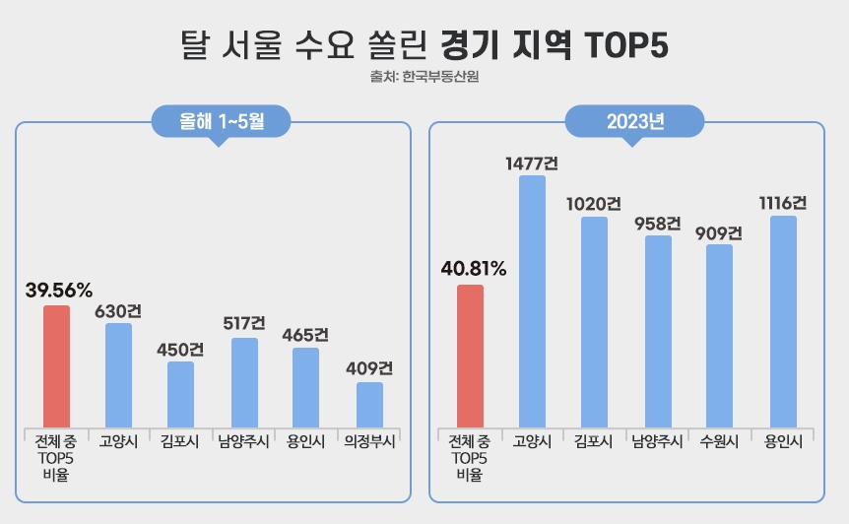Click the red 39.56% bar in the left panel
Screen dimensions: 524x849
(x=57, y=365)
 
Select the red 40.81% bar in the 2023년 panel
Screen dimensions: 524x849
(x=471, y=356)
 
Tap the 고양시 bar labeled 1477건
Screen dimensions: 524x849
(x=533, y=300)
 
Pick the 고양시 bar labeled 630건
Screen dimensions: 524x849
(x=118, y=374)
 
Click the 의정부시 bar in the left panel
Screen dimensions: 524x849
(x=370, y=404)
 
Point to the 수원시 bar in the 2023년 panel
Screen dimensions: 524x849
(x=720, y=335)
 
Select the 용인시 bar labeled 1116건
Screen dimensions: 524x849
(x=783, y=321)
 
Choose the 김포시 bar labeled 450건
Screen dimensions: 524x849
(x=180, y=393)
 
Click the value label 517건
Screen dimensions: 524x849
(x=243, y=323)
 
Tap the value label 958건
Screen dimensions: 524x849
(x=658, y=223)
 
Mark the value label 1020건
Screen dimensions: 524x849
(x=594, y=203)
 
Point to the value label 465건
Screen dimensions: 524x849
(x=305, y=334)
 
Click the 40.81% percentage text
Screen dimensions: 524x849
(x=473, y=268)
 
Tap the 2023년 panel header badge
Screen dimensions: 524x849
(x=635, y=121)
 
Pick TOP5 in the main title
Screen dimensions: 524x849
(x=626, y=44)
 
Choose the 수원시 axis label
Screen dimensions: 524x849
(x=720, y=442)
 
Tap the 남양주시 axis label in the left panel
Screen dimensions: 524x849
(x=243, y=442)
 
